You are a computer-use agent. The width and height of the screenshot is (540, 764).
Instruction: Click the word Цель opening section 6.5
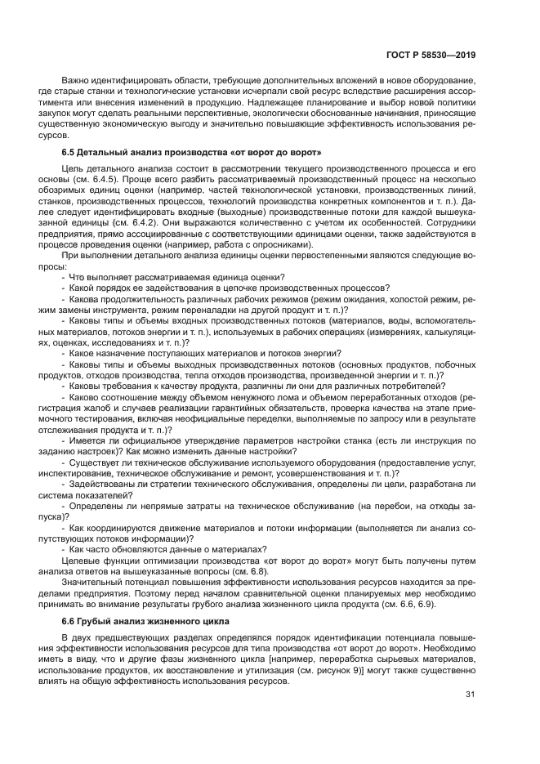(x=74, y=168)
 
